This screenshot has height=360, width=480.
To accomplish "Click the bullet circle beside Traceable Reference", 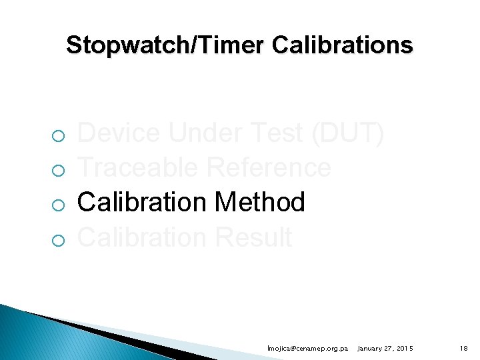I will click(x=58, y=171).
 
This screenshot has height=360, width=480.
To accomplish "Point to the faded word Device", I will click(x=119, y=134).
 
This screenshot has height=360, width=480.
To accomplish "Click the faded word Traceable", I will click(x=139, y=168).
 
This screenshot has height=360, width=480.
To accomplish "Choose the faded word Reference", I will click(x=269, y=168).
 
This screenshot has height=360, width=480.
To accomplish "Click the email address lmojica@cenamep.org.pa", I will click(x=307, y=349).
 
